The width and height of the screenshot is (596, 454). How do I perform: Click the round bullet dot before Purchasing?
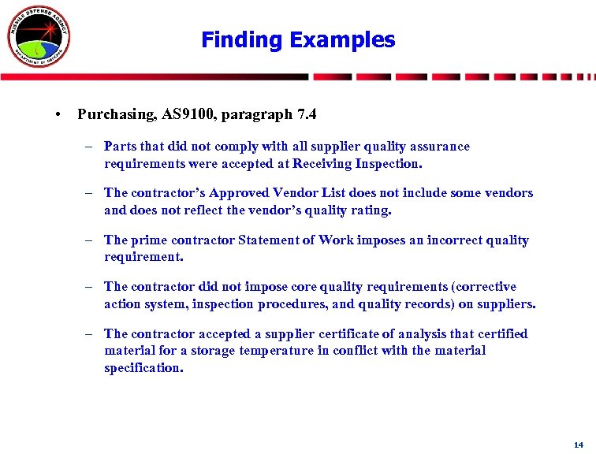60,115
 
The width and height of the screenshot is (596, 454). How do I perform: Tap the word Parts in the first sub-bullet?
121,146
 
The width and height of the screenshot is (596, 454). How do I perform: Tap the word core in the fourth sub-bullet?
304,286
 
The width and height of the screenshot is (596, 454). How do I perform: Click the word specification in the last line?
143,367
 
